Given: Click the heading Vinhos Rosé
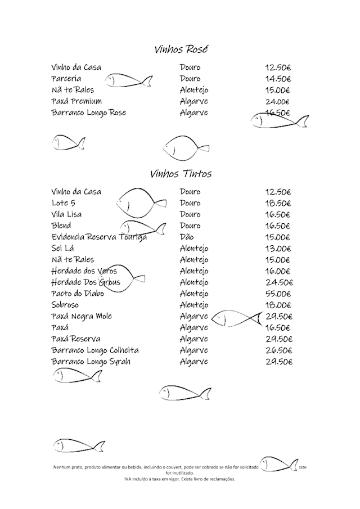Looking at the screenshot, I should point(181,49).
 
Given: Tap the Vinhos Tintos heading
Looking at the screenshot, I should point(181,174).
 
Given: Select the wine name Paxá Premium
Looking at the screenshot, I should point(76,101).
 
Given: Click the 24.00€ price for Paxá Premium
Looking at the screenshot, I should point(277,102).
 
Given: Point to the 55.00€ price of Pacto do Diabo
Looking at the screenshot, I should point(278,294).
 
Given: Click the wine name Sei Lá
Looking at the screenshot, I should point(63,248).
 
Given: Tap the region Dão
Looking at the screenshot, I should point(187,237).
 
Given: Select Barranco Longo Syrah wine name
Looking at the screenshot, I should point(91,361).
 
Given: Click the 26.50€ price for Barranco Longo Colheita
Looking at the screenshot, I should point(278,350).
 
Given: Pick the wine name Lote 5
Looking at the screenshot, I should point(63,203).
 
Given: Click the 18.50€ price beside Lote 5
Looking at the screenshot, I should point(278,203).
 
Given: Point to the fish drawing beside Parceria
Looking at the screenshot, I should point(129,80).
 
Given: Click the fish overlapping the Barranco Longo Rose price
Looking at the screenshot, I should point(279,120).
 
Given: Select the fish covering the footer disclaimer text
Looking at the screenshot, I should point(278,465).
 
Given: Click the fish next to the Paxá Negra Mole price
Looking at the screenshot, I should point(236,319).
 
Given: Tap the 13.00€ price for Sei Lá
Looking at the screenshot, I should point(278,248).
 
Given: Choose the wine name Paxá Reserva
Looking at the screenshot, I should point(76,339).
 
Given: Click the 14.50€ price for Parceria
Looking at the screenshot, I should point(278,79).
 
